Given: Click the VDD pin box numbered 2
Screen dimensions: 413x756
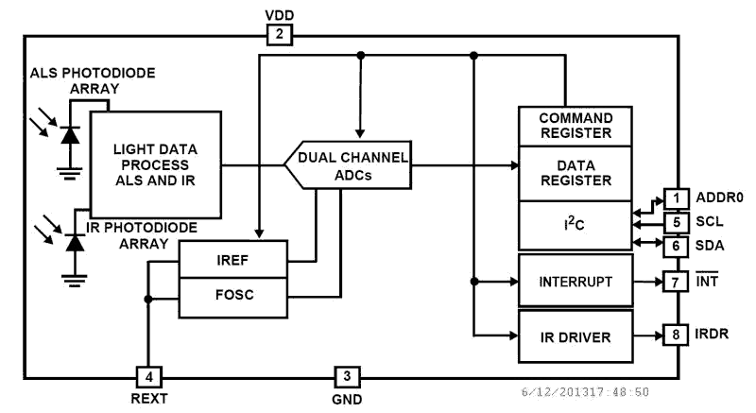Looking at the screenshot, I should tap(280, 35).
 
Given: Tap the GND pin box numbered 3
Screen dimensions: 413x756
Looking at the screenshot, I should tap(347, 377).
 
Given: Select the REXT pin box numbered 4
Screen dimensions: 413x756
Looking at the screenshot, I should tap(148, 377).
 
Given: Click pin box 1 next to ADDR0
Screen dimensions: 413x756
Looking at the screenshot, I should tap(677, 198).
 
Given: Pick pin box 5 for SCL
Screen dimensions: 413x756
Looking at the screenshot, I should tap(677, 223).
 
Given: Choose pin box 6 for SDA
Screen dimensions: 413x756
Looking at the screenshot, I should tap(677, 246).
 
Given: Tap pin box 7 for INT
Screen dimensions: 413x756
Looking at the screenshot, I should tap(677, 282).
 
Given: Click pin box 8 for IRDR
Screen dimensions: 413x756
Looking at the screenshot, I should tap(677, 335).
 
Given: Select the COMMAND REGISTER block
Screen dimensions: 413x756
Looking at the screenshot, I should tap(575, 126).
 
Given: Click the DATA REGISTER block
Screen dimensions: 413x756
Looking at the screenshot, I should tap(575, 173).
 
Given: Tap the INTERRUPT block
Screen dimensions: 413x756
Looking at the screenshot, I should tap(575, 281).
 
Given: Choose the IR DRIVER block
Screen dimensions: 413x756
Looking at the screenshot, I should tap(575, 336).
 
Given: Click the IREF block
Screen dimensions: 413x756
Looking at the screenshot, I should tap(232, 259).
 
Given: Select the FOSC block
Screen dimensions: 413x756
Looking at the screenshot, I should tap(232, 296).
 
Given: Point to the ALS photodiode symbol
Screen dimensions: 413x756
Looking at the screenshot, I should tap(68, 135).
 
